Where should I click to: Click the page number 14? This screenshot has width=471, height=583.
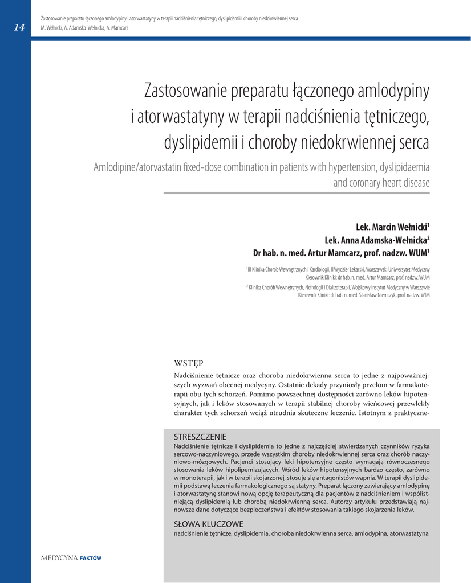tap(19, 27)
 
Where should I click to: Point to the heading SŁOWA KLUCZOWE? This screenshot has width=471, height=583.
tap(208, 524)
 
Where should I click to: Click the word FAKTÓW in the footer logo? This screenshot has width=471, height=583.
tap(91, 559)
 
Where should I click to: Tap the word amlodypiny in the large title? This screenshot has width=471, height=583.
tap(389, 91)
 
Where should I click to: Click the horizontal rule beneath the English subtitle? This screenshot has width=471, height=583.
tap(297, 193)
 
